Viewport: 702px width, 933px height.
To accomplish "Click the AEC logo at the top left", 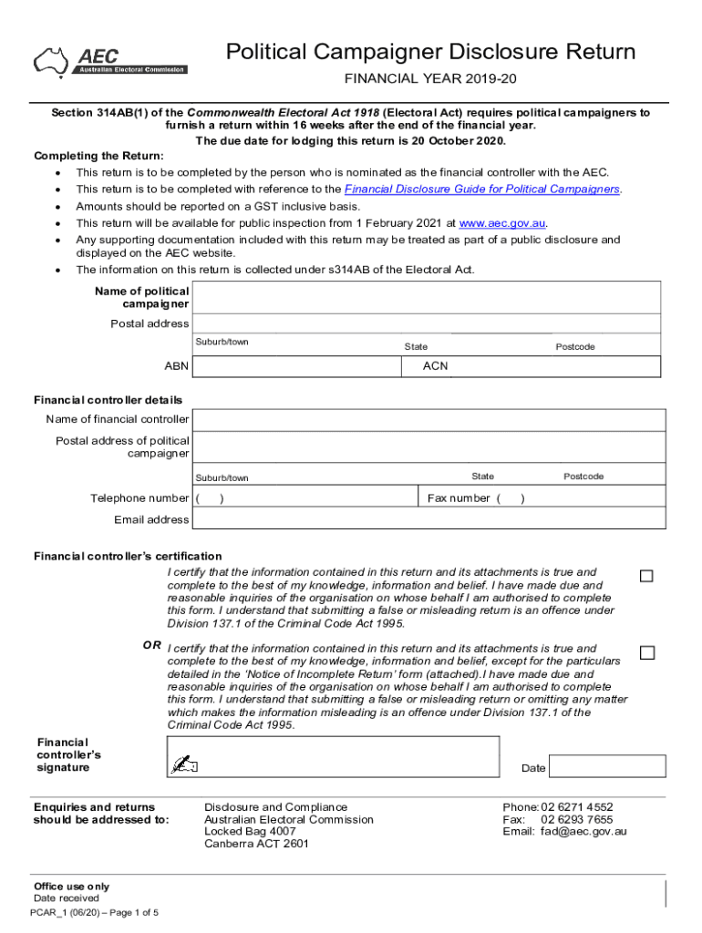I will tap(109, 60).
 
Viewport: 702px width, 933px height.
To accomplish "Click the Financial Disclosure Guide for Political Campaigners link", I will tap(482, 189).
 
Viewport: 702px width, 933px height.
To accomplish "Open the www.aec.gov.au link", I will tap(502, 223).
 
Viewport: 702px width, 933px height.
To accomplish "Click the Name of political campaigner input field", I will tap(427, 297).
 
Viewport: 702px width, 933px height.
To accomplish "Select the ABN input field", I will tap(296, 366).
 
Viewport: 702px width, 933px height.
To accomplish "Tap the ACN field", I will tap(532, 366).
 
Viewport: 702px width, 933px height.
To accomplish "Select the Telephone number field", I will tap(305, 498).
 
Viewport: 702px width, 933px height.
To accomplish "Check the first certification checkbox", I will tap(646, 576).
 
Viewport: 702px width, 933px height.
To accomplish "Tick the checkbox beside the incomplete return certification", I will tap(646, 652).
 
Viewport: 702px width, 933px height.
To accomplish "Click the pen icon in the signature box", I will tap(185, 764).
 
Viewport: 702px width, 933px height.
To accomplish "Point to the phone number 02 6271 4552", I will tap(576, 807).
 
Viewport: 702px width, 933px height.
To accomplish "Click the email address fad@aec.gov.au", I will tap(583, 831).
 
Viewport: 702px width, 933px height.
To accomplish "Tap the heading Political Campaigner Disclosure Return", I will tap(430, 52).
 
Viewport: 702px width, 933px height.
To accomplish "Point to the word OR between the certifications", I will tap(151, 645).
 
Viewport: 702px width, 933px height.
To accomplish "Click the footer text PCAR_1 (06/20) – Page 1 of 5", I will tap(94, 912).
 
